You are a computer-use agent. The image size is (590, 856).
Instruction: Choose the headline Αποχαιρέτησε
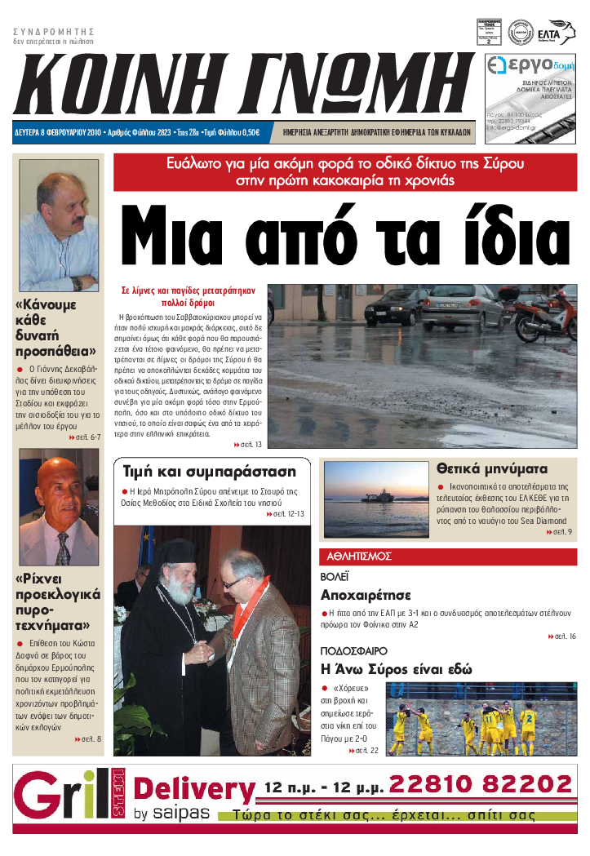point(365,594)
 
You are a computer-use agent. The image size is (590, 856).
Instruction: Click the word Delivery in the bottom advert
point(193,790)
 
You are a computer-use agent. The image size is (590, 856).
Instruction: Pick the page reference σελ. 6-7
point(86,437)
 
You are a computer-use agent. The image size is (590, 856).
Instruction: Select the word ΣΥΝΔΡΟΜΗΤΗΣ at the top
point(54,31)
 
